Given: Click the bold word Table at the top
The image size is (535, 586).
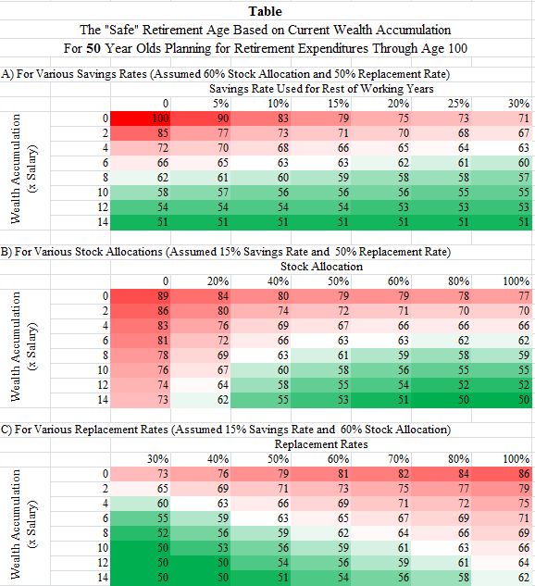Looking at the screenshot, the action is click(266, 11).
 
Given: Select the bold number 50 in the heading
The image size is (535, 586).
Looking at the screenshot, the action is click(93, 48).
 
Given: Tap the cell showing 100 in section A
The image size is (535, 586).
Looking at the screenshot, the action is click(141, 118).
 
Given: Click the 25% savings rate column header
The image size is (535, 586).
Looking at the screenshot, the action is click(459, 104).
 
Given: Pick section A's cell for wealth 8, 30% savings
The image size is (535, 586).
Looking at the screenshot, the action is click(502, 178).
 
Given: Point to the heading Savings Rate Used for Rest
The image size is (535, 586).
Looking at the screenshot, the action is click(321, 89).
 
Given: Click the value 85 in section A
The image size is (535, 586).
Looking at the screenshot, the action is click(141, 133).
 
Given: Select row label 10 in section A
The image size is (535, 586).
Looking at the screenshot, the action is click(103, 193).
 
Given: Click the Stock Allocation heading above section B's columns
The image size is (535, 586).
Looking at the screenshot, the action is click(322, 267).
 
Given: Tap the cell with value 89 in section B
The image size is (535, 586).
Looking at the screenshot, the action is click(141, 296).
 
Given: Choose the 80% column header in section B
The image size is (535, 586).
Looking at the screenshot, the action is click(459, 281).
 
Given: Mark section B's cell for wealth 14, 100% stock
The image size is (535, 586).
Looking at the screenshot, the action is click(502, 400).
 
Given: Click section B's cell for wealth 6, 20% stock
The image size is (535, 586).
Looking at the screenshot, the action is click(201, 341).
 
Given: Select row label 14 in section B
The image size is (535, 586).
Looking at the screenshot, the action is click(103, 400).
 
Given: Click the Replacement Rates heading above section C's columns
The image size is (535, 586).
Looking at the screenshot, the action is click(321, 444).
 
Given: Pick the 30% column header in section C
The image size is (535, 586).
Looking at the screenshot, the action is click(157, 459).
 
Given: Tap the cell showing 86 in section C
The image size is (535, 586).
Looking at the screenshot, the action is click(502, 474).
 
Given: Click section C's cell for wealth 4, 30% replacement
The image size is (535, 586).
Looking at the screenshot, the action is click(141, 504).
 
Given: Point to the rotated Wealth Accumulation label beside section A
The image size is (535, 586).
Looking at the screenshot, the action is click(16, 168).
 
